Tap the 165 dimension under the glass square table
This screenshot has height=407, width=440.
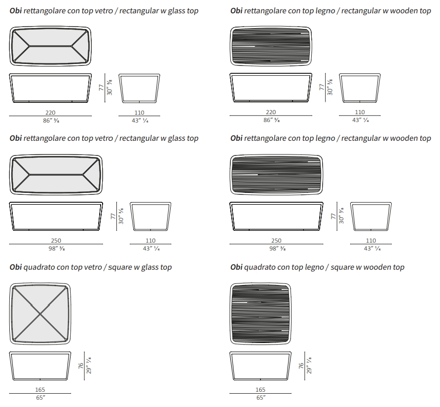(40, 389)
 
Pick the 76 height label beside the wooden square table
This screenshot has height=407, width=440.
(300, 367)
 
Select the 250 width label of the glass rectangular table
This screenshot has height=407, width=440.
(56, 241)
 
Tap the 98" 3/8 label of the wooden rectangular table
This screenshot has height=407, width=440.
(277, 248)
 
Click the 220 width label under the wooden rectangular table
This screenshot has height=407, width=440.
(271, 112)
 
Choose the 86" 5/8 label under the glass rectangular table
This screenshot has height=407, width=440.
(50, 120)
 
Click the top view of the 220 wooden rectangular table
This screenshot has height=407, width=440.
(271, 46)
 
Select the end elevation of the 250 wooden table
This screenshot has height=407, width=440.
(371, 216)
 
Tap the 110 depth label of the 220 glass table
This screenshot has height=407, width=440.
(140, 112)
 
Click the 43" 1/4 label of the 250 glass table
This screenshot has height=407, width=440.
(151, 248)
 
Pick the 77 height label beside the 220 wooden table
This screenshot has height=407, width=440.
(322, 88)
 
